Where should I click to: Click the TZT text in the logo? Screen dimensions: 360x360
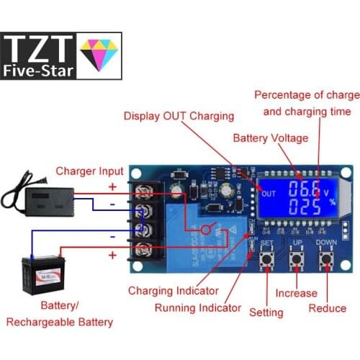pyautogui.click(x=40, y=48)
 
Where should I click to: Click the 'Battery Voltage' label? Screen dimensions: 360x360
pyautogui.click(x=270, y=138)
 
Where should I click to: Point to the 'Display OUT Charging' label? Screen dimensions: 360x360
pyautogui.click(x=179, y=116)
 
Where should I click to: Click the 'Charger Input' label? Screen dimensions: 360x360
pyautogui.click(x=90, y=171)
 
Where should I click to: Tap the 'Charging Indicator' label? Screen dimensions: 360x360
pyautogui.click(x=173, y=291)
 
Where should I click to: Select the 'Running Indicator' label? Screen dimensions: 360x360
pyautogui.click(x=198, y=308)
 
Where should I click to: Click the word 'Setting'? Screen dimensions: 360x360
pyautogui.click(x=266, y=312)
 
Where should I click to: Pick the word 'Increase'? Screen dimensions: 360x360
pyautogui.click(x=296, y=293)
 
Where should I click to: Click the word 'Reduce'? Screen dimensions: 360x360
pyautogui.click(x=328, y=308)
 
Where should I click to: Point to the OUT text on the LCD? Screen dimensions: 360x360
pyautogui.click(x=269, y=194)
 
